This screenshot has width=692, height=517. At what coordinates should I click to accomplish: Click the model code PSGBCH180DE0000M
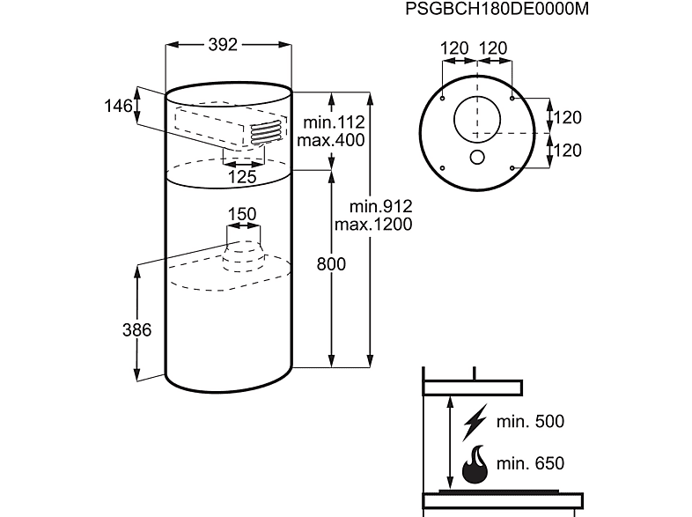point(497,9)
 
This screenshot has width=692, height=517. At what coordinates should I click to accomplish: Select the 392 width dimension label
point(223,44)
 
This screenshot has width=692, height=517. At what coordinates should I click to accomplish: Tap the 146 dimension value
point(118,106)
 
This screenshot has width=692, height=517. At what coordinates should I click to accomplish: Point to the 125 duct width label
point(242,177)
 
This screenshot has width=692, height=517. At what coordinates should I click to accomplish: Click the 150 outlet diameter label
point(242,214)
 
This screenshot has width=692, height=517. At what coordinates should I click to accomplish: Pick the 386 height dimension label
point(136,329)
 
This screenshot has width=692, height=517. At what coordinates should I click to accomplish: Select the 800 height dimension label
point(331,264)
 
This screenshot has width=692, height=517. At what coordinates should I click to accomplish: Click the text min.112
point(334,122)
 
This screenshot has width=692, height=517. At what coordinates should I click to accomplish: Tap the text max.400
point(331,140)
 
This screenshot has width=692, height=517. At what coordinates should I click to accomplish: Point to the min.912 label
point(380,206)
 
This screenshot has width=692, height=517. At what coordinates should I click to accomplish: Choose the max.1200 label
point(373,225)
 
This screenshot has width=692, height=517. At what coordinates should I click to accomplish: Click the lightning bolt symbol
point(475,422)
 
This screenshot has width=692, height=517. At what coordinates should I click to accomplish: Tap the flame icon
point(475,464)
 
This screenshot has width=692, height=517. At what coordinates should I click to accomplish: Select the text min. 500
point(530,422)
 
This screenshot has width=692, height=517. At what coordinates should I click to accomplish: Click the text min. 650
point(530,463)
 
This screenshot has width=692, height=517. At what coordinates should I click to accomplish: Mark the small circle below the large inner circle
point(477,158)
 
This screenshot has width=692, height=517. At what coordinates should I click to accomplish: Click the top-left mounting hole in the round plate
point(443,98)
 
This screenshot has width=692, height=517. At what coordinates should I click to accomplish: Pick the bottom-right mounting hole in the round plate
point(512,168)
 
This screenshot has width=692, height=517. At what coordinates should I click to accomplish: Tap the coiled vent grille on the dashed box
point(266,133)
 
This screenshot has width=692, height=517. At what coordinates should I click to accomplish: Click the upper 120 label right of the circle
point(567,117)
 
